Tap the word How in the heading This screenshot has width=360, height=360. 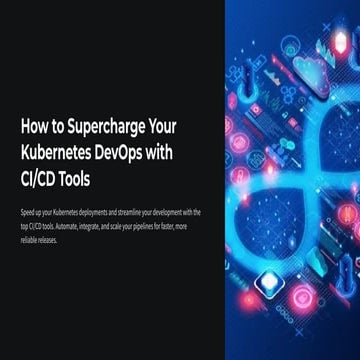34,129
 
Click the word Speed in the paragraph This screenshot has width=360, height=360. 27,213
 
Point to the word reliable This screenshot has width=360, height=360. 28,240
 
